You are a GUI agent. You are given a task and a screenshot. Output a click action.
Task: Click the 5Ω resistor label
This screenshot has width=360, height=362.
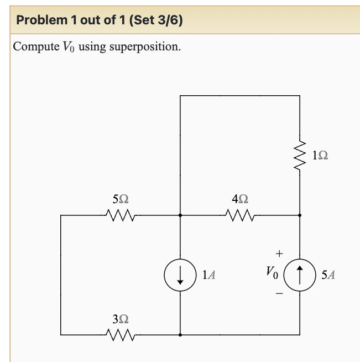[x=121, y=198]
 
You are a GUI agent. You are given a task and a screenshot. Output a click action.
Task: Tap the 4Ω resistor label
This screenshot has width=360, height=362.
[x=240, y=198]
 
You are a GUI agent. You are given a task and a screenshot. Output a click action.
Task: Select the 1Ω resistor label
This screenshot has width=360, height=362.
[x=320, y=156]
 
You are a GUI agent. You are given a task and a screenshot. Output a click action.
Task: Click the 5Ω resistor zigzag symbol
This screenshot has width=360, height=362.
[x=121, y=215]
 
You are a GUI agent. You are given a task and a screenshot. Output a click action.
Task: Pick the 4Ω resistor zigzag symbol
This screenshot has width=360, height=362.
[x=240, y=215]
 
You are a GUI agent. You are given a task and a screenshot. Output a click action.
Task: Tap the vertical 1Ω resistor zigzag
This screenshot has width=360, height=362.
[x=300, y=157]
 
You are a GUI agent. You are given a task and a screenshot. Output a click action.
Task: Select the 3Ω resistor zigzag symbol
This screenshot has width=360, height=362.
[x=121, y=334]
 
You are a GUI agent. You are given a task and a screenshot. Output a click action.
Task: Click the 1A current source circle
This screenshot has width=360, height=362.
[x=180, y=275]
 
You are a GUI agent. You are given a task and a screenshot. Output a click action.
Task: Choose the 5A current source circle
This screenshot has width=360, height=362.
[x=300, y=275]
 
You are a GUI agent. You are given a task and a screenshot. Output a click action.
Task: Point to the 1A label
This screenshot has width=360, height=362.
[x=209, y=274]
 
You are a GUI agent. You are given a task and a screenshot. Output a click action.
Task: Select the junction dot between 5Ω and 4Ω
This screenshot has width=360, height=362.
[x=180, y=215]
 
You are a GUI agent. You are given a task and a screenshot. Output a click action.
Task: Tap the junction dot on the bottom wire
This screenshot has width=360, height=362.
[x=180, y=335]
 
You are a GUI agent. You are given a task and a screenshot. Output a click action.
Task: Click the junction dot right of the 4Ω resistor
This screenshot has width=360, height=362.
[x=300, y=215]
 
